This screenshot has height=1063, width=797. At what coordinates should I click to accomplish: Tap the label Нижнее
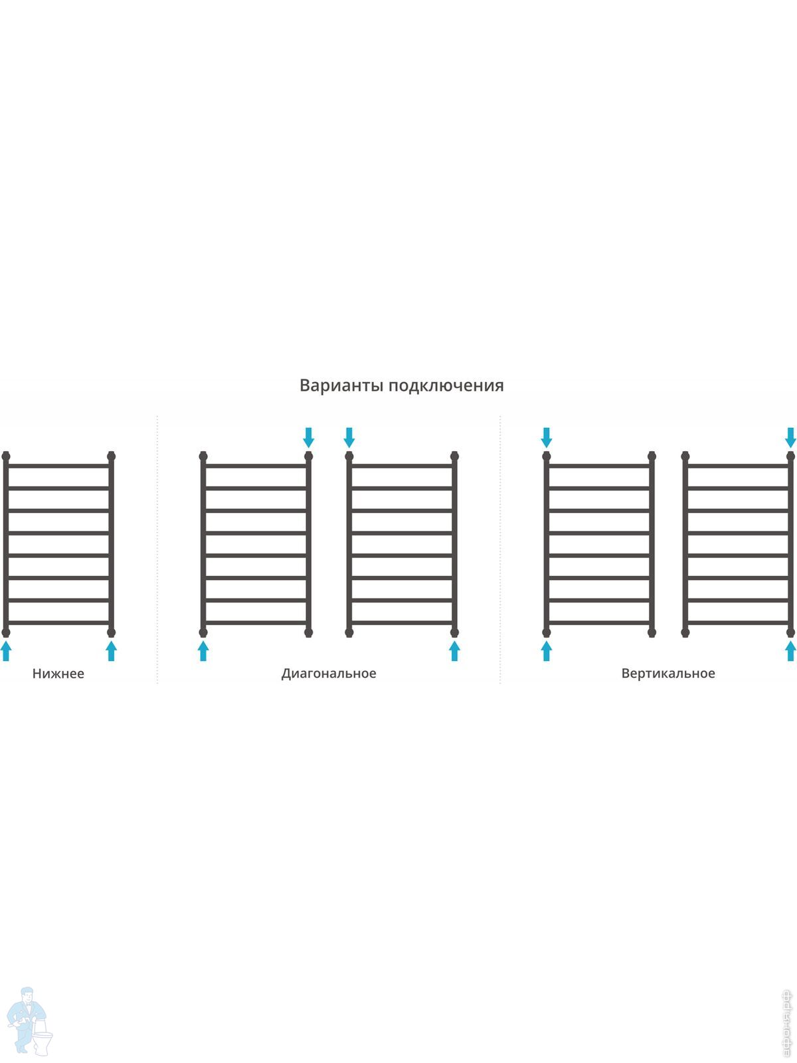pyautogui.click(x=58, y=673)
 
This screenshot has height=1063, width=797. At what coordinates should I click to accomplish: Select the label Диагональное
pyautogui.click(x=329, y=673)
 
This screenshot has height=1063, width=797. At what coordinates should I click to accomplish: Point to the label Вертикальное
pyautogui.click(x=668, y=673)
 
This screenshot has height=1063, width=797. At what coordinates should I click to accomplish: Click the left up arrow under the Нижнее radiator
pyautogui.click(x=6, y=650)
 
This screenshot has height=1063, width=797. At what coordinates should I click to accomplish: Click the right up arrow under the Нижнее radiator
pyautogui.click(x=111, y=650)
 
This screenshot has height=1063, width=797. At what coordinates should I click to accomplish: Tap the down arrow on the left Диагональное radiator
pyautogui.click(x=308, y=437)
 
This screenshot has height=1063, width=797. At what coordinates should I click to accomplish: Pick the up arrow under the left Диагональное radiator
pyautogui.click(x=203, y=650)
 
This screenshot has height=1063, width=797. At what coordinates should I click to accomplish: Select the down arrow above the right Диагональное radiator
pyautogui.click(x=349, y=437)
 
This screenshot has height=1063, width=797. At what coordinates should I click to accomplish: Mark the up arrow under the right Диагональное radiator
pyautogui.click(x=454, y=650)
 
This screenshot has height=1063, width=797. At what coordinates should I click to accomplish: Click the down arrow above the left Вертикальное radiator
pyautogui.click(x=547, y=437)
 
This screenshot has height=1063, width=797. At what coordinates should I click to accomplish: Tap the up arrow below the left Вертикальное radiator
pyautogui.click(x=547, y=650)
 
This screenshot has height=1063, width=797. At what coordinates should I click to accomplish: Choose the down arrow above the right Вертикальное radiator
pyautogui.click(x=790, y=437)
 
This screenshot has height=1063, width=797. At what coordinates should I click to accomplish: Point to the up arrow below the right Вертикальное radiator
pyautogui.click(x=790, y=650)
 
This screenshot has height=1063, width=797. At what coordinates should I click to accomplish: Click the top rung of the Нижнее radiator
pyautogui.click(x=58, y=466)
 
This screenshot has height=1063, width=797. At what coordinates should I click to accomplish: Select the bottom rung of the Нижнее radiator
pyautogui.click(x=58, y=623)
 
